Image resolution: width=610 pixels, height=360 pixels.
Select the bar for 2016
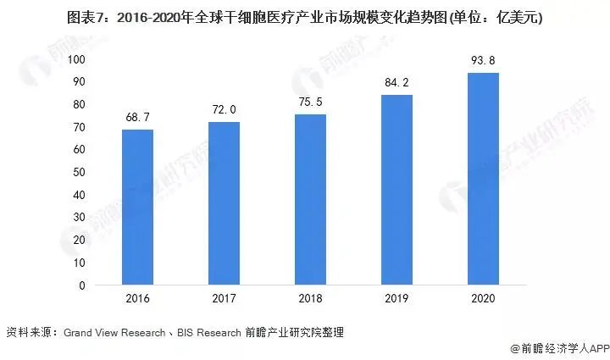tap(137, 208)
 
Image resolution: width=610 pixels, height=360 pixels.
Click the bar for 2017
tap(224, 203)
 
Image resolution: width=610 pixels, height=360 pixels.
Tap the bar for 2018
tap(310, 200)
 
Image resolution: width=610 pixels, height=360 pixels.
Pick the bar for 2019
tap(396, 190)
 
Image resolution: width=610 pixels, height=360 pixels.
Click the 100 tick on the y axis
tap(76, 59)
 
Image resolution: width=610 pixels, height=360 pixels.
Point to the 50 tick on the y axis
tap(79, 172)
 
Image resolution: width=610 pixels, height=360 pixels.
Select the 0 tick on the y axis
tap(82, 285)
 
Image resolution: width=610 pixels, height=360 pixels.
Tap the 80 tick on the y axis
tap(79, 104)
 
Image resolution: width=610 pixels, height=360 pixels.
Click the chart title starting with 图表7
tap(305, 16)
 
